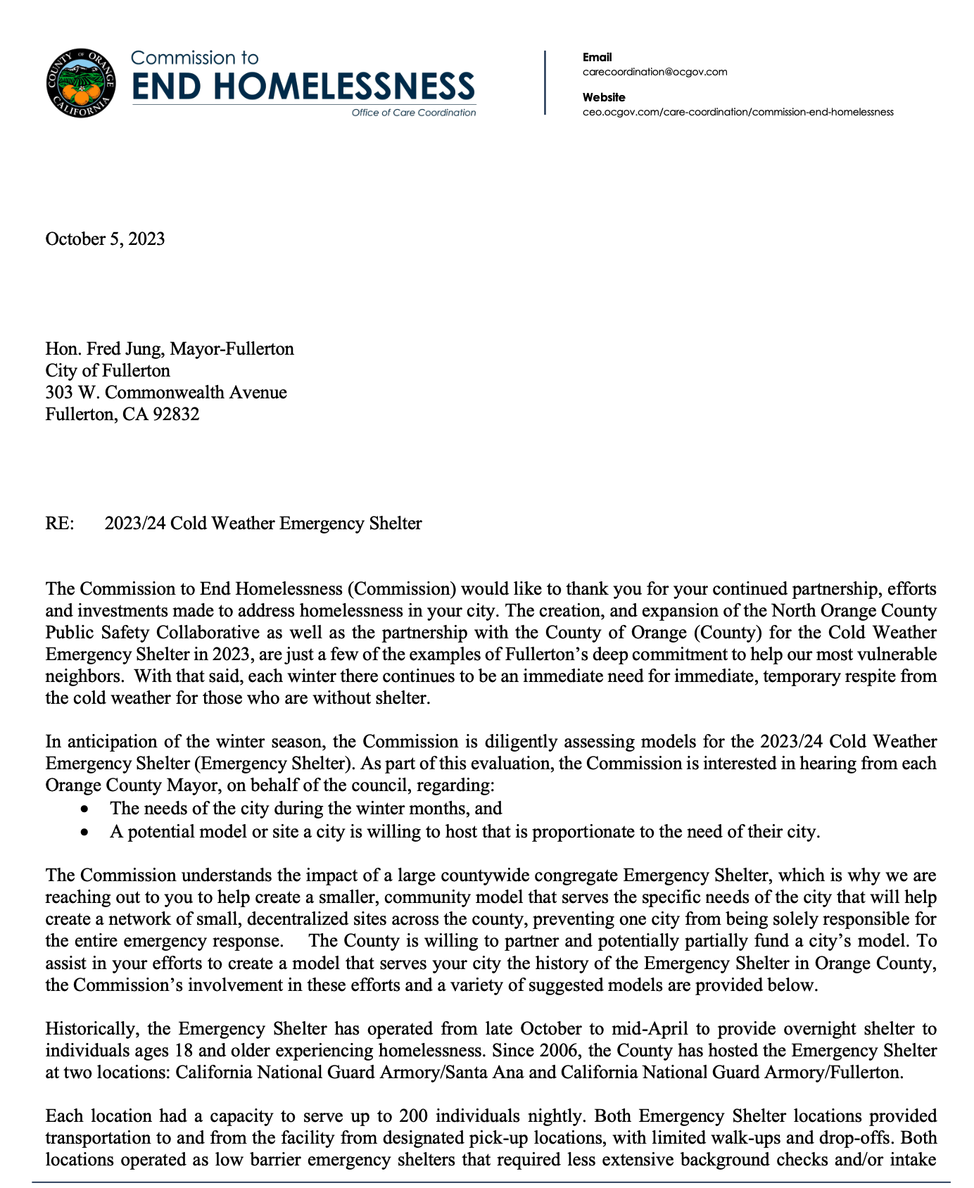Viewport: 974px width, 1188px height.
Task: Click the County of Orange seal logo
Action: [x=80, y=84]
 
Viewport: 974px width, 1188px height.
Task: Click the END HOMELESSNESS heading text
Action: [x=303, y=87]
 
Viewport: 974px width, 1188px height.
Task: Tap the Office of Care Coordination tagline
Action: [x=413, y=113]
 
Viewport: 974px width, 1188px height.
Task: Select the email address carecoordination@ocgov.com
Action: [x=654, y=72]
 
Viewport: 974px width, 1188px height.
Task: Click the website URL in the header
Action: [x=738, y=112]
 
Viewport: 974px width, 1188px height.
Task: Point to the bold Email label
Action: [x=597, y=57]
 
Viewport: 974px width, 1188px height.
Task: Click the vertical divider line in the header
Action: [x=545, y=82]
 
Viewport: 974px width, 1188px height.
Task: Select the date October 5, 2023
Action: [x=105, y=239]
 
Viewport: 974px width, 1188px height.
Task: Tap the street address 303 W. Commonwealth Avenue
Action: [x=166, y=392]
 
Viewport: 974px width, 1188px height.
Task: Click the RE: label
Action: [x=60, y=523]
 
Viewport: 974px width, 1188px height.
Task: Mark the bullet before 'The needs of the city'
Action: [x=84, y=810]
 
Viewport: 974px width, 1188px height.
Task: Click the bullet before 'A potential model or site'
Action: [x=84, y=833]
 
